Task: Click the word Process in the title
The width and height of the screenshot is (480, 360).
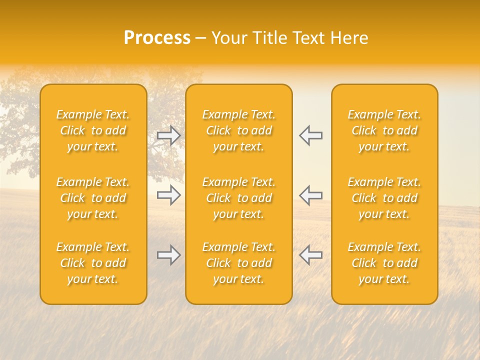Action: (157, 38)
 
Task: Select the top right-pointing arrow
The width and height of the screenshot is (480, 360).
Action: (168, 135)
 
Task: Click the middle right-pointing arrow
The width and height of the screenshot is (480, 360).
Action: (168, 195)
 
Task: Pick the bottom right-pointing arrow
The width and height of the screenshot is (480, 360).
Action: (168, 255)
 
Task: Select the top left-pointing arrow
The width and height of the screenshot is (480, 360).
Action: (310, 135)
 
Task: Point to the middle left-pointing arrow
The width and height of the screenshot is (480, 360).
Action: (310, 195)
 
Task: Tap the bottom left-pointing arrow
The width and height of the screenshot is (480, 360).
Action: (310, 255)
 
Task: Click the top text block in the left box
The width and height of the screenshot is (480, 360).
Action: (93, 130)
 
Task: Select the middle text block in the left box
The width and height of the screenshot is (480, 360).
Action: (93, 198)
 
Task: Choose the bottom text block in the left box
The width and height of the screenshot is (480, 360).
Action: (93, 263)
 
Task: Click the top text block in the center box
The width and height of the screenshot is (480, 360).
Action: (239, 130)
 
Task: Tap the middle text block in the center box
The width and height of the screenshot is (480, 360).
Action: (239, 198)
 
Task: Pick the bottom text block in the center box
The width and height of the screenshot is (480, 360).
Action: (239, 263)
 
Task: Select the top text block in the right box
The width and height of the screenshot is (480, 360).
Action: (384, 130)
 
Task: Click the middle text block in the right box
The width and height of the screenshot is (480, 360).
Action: (384, 198)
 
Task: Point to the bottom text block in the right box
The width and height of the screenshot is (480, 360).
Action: (384, 263)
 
